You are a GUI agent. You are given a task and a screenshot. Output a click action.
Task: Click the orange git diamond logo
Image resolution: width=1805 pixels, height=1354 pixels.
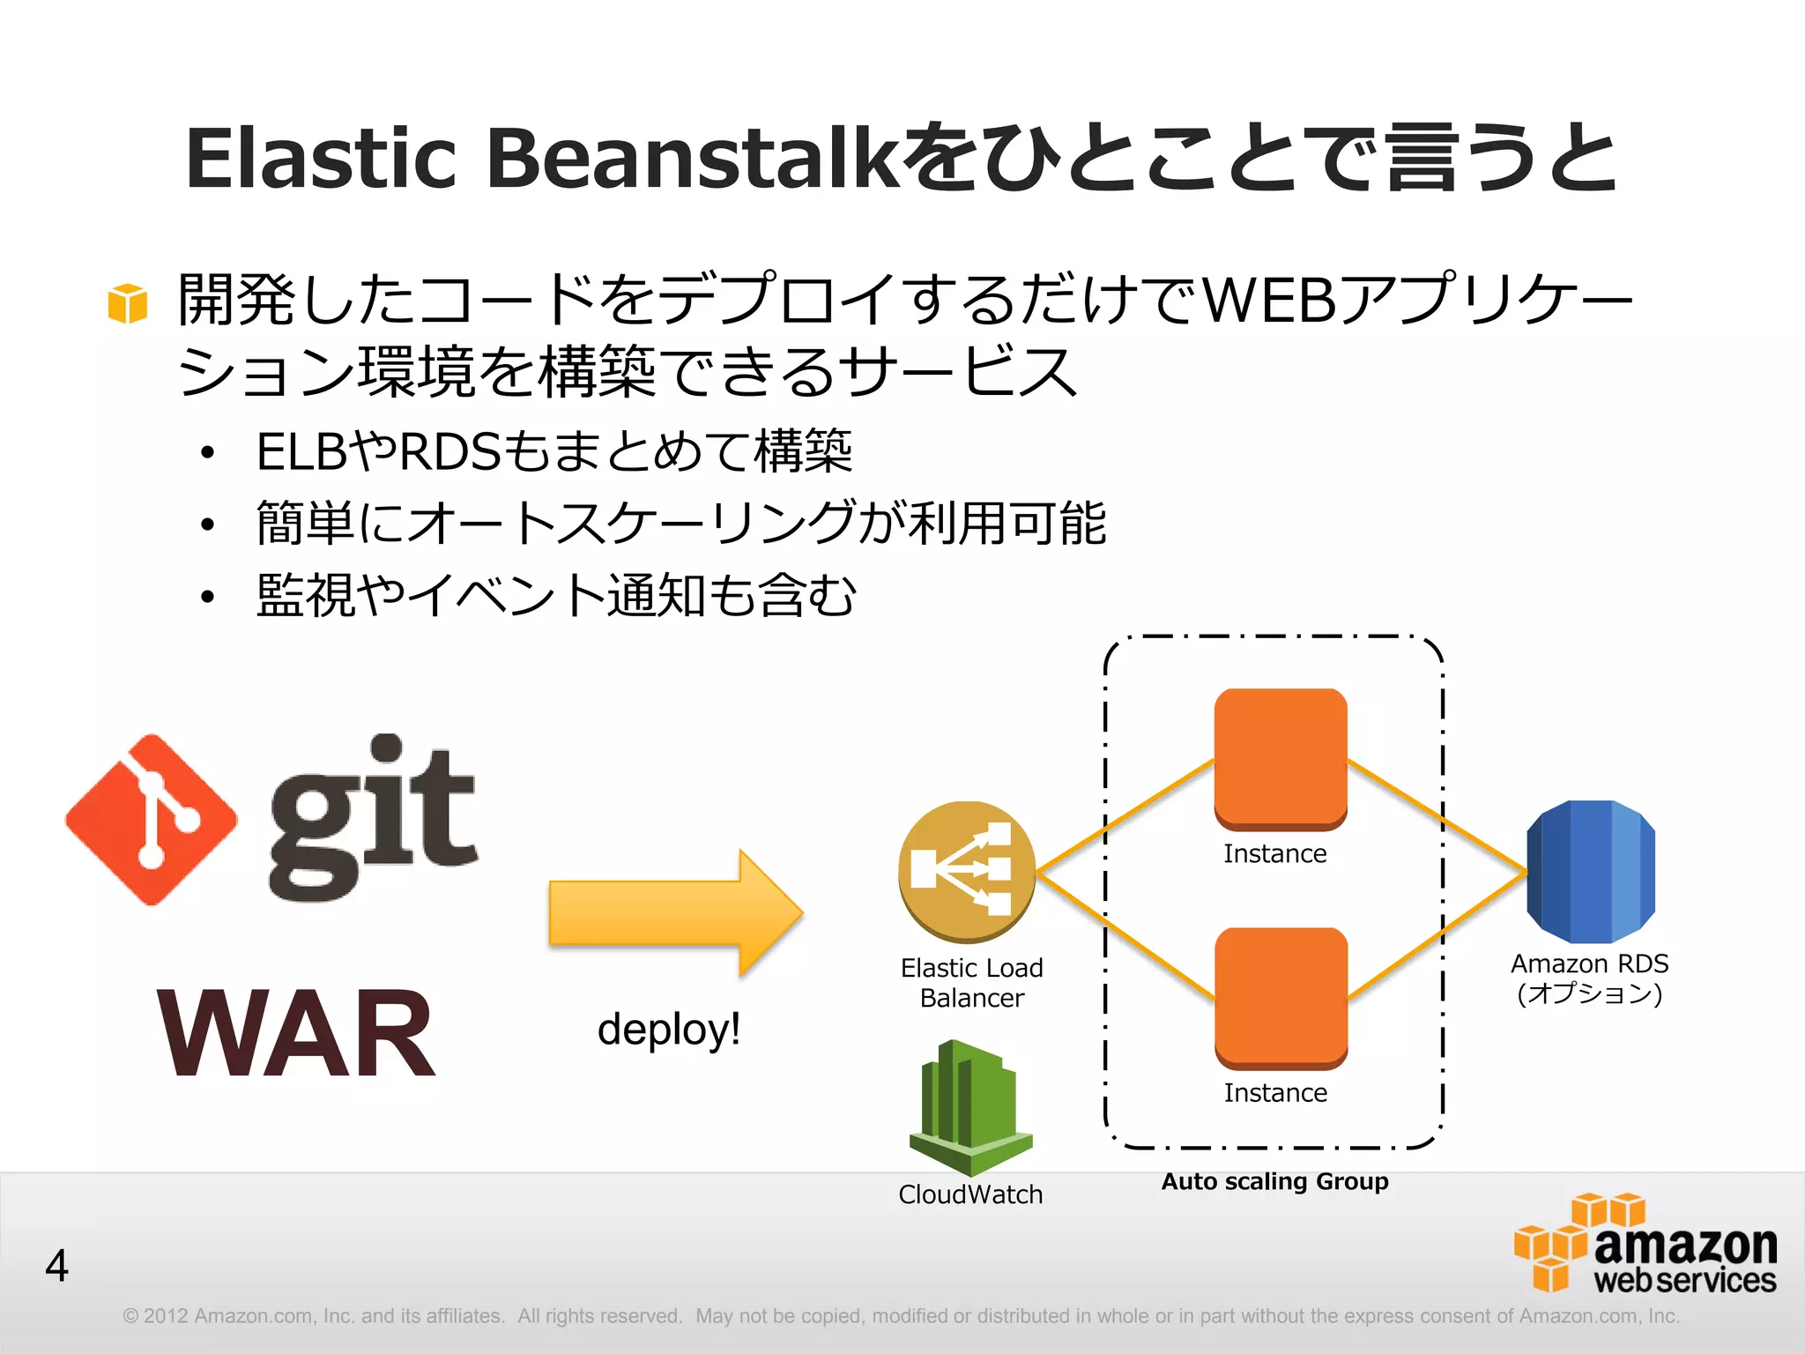click(152, 820)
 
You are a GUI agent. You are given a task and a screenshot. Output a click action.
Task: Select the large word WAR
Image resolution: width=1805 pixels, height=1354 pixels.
click(297, 1033)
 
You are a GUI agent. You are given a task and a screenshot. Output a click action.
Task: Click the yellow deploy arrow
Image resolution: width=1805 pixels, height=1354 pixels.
click(674, 913)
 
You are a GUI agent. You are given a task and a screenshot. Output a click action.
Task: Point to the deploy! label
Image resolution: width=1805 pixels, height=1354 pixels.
click(669, 1029)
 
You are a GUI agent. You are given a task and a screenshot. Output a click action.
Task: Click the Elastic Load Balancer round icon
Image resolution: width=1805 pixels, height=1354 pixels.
click(967, 870)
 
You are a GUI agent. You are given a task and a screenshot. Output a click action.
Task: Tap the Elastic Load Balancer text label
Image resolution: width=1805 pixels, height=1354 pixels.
click(971, 982)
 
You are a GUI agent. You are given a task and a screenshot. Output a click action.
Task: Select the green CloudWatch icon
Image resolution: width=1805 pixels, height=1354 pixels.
click(970, 1107)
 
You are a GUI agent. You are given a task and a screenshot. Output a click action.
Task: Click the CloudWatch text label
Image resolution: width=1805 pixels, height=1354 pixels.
click(970, 1194)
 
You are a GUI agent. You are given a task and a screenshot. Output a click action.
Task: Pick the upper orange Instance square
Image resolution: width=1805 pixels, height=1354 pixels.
click(1281, 758)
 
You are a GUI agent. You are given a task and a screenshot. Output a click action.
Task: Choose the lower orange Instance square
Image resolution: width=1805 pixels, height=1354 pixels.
click(1281, 997)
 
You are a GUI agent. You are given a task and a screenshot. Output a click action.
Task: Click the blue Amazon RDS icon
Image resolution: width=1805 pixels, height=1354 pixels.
click(1591, 871)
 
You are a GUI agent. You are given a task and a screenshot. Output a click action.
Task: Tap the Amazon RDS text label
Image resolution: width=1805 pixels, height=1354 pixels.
click(1589, 978)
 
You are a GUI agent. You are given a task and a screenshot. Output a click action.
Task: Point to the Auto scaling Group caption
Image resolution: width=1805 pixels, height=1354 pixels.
click(1274, 1181)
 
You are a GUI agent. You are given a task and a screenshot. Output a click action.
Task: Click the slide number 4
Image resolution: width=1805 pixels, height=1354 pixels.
click(57, 1266)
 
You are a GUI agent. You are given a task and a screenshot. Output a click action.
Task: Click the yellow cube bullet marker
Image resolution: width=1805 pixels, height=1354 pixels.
click(128, 303)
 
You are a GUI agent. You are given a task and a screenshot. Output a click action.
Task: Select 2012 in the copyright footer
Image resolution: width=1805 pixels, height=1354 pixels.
click(166, 1316)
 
